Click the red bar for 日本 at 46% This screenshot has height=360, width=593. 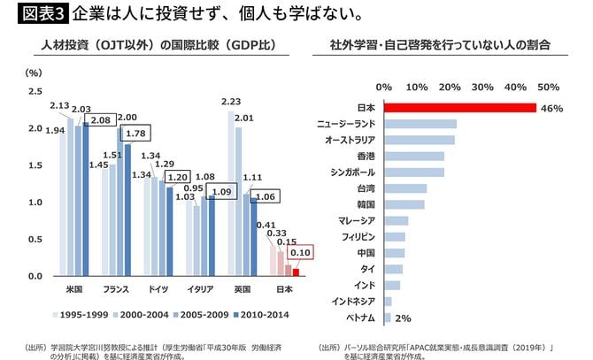460,108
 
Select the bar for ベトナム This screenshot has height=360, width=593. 387,317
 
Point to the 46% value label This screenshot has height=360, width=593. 552,108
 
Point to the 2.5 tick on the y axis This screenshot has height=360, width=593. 35,91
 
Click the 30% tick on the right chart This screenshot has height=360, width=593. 482,87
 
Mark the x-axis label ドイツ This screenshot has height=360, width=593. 159,290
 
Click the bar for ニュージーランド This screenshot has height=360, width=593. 420,124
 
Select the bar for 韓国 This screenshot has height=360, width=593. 404,204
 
